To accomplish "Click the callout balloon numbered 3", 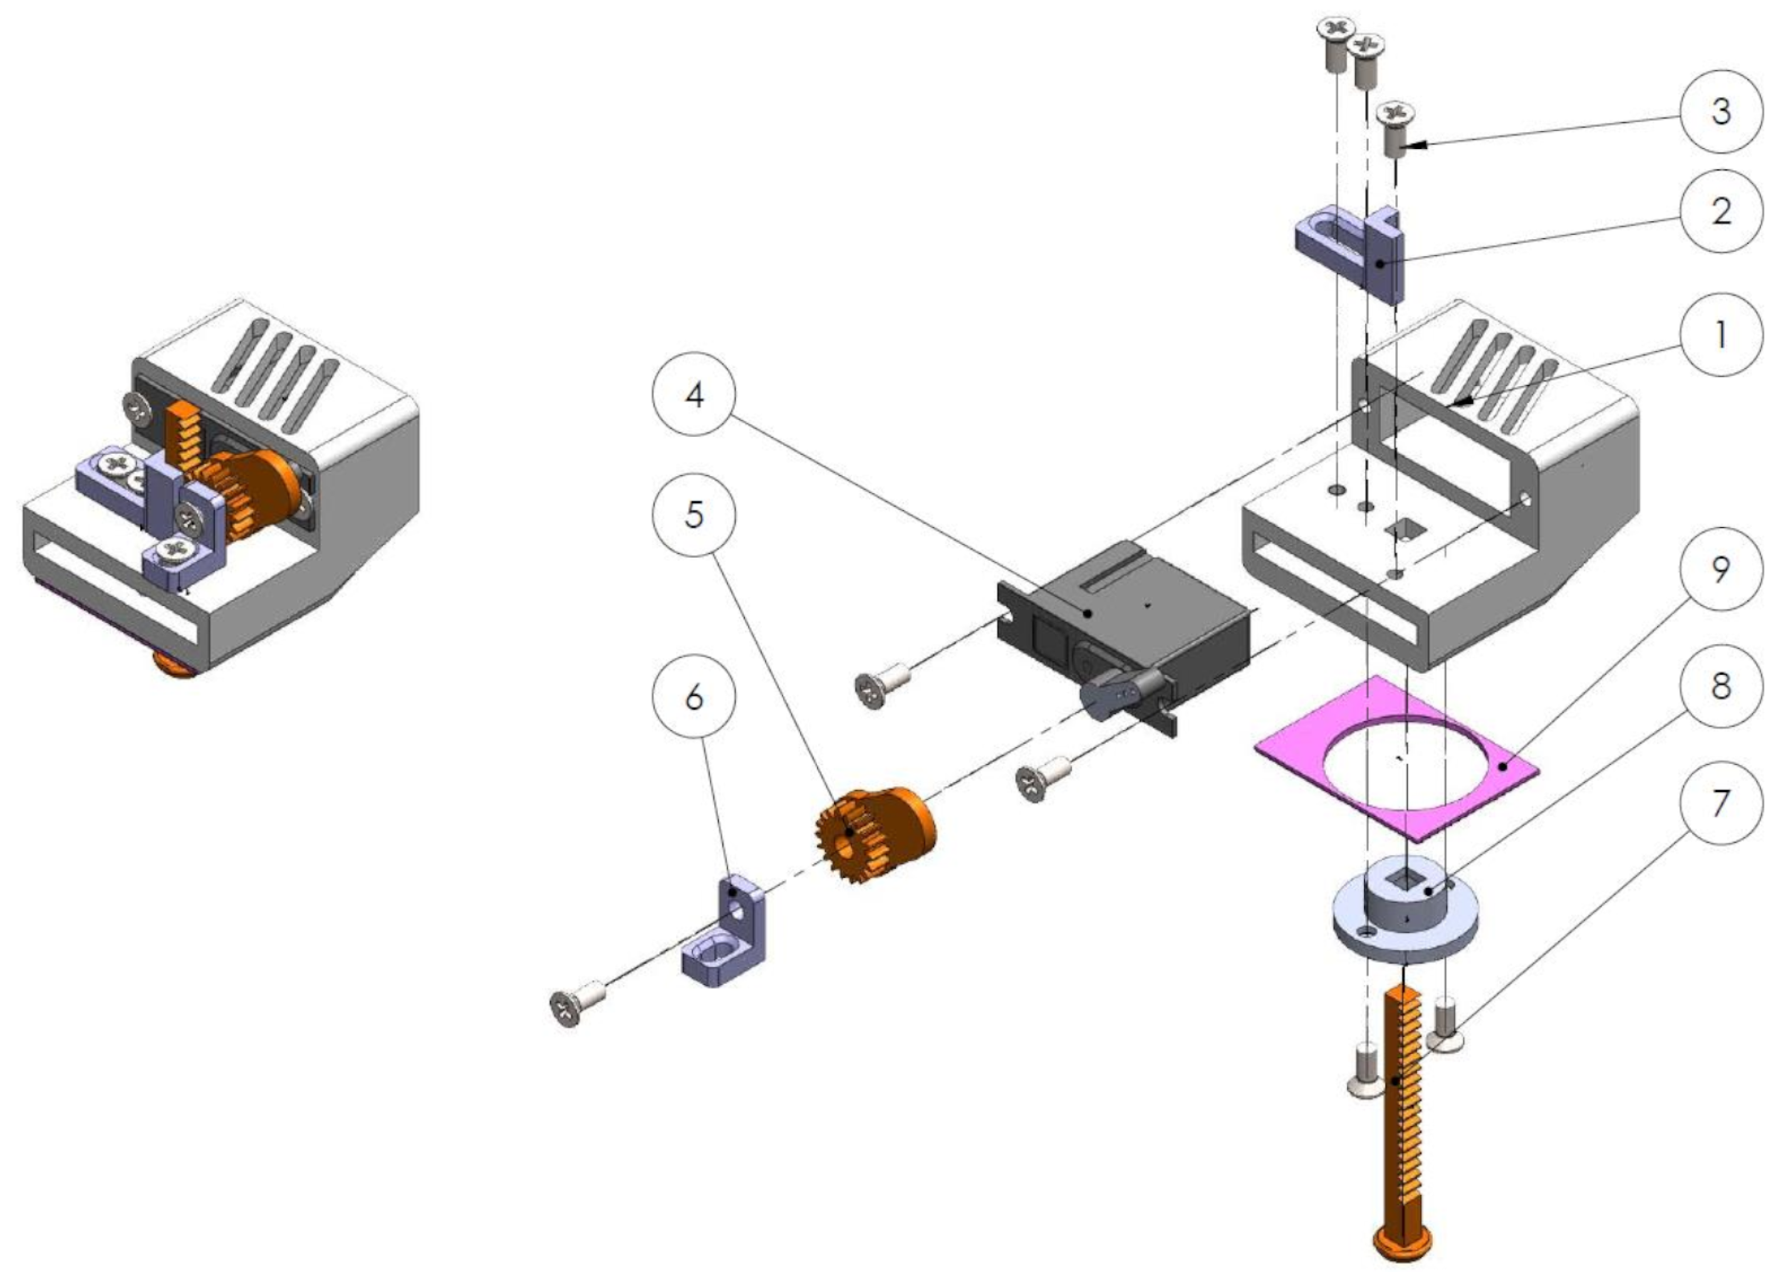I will click(1720, 112).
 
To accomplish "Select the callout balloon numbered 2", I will click(1720, 211).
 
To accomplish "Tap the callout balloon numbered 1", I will click(1720, 335).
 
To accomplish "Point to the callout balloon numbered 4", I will click(694, 395).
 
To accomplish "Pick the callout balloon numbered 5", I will click(694, 515).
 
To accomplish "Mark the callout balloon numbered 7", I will click(1720, 803).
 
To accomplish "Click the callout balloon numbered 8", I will click(1720, 686).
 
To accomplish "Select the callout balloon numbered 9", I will click(1720, 570).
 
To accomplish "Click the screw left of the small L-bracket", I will click(576, 1006).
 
